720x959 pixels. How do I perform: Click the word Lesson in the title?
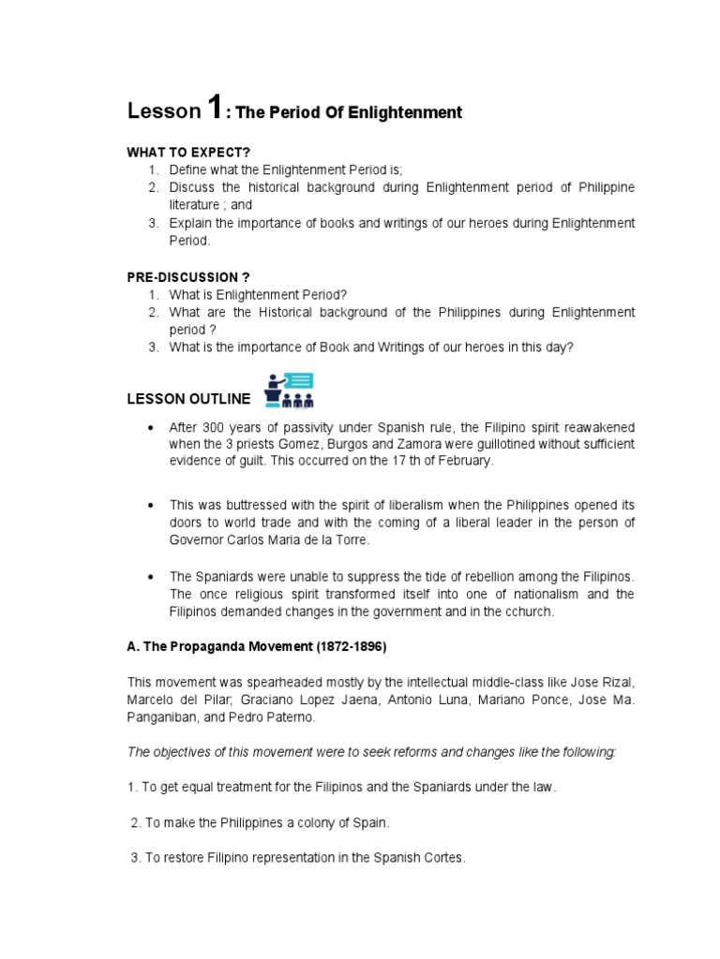(163, 112)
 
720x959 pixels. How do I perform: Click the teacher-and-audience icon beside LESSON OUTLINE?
(289, 391)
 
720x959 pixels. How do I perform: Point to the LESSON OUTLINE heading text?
(188, 399)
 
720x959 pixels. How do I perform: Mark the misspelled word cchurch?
(532, 612)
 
